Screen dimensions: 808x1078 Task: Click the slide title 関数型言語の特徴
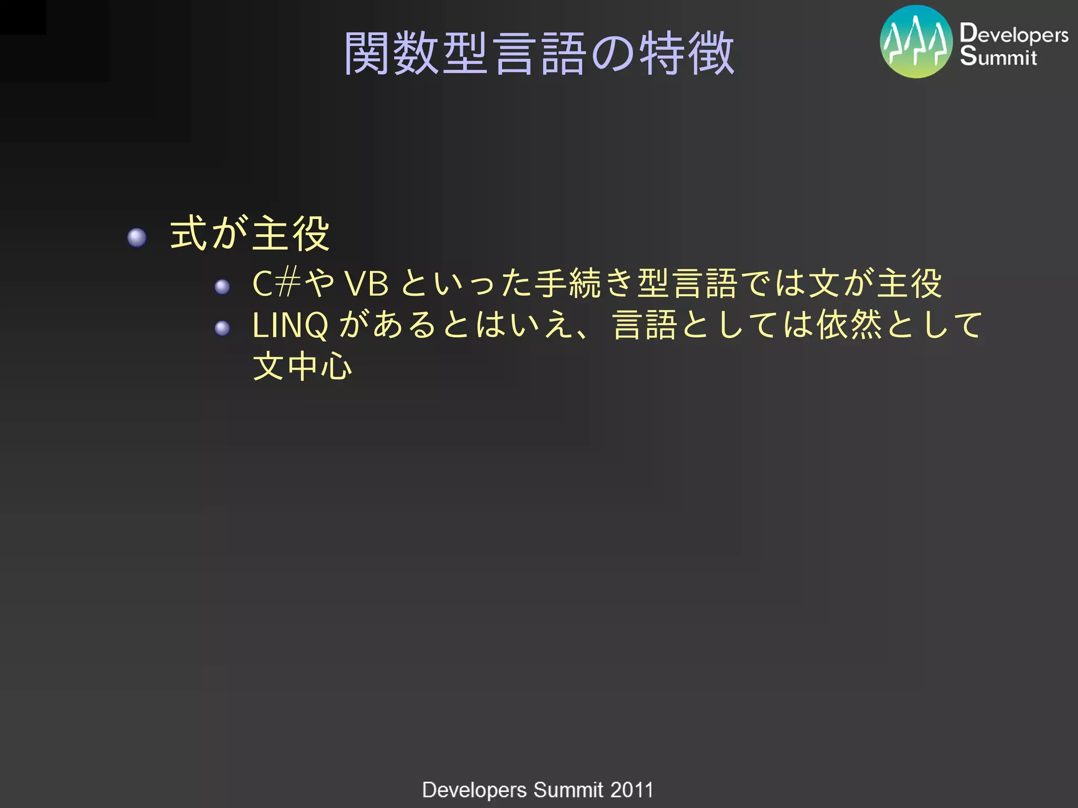coord(539,53)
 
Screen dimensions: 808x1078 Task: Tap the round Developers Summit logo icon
coord(916,42)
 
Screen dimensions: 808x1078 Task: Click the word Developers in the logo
coord(1014,34)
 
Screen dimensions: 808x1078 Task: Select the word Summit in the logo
coord(998,56)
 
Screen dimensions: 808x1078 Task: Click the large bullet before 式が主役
coord(137,237)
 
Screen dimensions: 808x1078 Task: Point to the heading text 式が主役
coord(249,234)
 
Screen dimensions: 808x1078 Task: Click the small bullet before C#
coord(222,287)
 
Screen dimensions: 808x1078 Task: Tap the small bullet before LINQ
coord(222,328)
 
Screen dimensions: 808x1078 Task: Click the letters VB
coord(367,284)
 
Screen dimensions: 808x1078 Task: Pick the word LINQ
coord(290,325)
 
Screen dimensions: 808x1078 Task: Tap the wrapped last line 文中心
coord(302,366)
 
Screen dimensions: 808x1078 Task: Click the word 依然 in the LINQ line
coord(849,325)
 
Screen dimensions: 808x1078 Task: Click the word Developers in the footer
coord(474,790)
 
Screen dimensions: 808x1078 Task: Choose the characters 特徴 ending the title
coord(686,53)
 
